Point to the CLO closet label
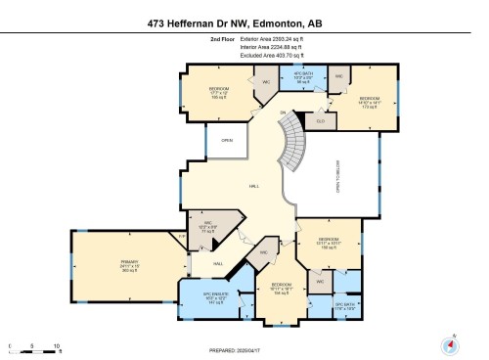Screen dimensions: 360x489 (x=320, y=120)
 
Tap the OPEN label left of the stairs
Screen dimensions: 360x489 (x=227, y=140)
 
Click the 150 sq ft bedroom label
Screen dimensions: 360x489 (x=330, y=244)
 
